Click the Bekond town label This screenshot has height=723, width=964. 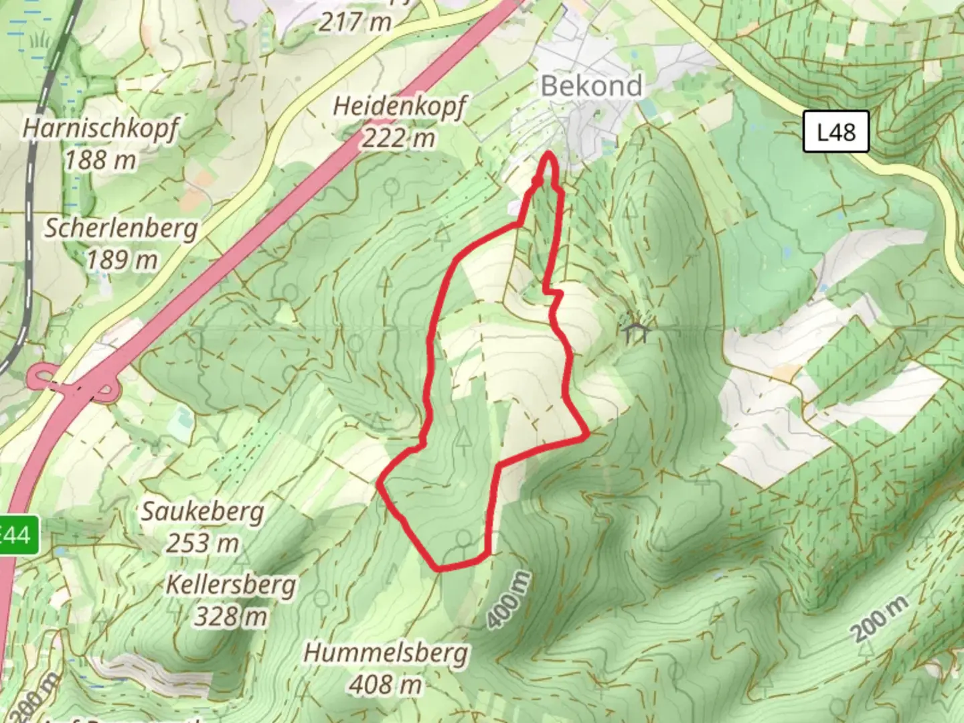[x=591, y=86]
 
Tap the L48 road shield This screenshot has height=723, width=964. [x=836, y=131]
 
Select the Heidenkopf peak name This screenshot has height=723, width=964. [x=400, y=106]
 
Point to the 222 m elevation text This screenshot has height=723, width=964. [x=399, y=138]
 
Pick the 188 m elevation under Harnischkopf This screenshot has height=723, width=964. [x=100, y=159]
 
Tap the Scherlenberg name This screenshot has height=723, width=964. [x=121, y=228]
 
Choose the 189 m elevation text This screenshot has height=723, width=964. [x=121, y=259]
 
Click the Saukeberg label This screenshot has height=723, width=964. [x=202, y=512]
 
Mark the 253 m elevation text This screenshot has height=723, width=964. [x=202, y=543]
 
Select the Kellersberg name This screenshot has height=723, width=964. [x=230, y=585]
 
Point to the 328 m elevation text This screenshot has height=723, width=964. [x=230, y=616]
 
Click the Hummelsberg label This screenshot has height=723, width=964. [x=386, y=653]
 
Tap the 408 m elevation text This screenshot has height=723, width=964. [x=386, y=684]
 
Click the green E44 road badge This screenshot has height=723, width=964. [x=15, y=536]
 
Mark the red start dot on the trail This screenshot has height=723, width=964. [x=537, y=181]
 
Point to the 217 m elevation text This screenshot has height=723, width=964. [x=355, y=22]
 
